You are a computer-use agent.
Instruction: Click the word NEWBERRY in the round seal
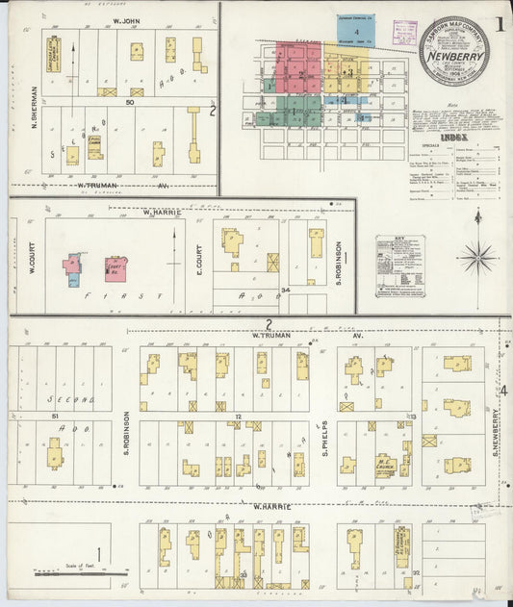452,55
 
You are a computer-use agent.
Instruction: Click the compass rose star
476,256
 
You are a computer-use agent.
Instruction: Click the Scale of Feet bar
77,573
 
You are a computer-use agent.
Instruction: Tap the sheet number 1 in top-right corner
500,25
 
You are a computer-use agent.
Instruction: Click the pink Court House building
115,268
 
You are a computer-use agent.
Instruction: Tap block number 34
285,290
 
